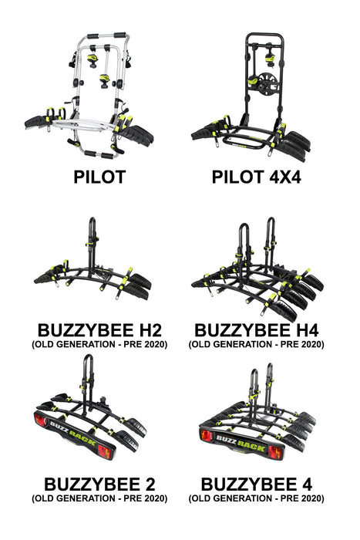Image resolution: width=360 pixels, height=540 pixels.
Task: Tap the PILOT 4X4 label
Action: [x=256, y=177]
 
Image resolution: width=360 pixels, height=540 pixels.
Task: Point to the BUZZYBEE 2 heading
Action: [x=99, y=484]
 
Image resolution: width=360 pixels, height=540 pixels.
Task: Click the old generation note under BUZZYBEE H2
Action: [x=98, y=344]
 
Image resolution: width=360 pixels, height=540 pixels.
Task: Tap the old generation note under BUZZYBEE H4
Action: [x=256, y=344]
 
